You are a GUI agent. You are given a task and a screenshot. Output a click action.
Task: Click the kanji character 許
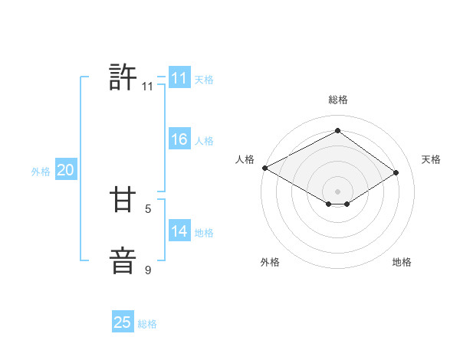[x=123, y=78]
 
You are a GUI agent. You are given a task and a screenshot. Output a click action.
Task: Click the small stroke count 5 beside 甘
[x=148, y=208]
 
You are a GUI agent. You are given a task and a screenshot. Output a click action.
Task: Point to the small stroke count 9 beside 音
[x=148, y=270]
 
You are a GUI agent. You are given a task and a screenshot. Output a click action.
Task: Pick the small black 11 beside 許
[x=147, y=87]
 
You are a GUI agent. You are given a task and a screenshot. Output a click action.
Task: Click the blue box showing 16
[x=179, y=139]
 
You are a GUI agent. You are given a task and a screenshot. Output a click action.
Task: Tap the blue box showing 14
[x=179, y=231]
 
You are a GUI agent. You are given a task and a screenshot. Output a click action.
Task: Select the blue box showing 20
[x=66, y=171]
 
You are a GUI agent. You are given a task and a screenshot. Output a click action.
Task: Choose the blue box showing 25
[x=123, y=322]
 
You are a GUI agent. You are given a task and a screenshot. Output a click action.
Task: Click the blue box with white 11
[x=179, y=78]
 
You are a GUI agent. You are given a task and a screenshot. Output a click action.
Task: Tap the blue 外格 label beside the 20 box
[x=41, y=172]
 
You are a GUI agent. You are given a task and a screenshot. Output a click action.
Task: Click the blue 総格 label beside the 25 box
[x=147, y=324]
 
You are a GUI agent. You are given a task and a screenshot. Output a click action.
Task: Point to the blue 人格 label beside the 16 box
[x=204, y=141]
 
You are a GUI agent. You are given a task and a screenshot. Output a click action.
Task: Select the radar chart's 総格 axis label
[x=337, y=100]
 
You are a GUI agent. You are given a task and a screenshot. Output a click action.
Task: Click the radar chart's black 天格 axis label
[x=431, y=159]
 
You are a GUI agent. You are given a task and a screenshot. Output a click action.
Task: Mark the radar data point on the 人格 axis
[x=264, y=168]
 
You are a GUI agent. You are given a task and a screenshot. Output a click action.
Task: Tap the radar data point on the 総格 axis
[x=337, y=131]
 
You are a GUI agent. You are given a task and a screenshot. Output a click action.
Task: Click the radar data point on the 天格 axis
[x=396, y=172]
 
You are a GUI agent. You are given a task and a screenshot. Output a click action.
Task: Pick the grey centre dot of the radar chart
[x=337, y=191]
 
